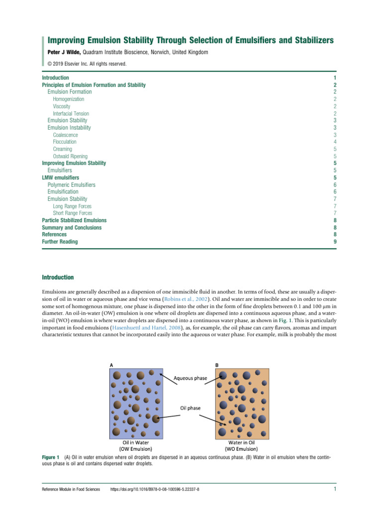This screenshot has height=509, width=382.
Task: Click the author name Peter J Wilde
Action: pyautogui.click(x=64, y=52)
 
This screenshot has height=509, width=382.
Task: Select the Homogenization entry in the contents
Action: pyautogui.click(x=68, y=99)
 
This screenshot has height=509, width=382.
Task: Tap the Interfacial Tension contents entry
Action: pyautogui.click(x=71, y=114)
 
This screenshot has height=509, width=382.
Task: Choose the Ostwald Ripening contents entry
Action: pyautogui.click(x=70, y=156)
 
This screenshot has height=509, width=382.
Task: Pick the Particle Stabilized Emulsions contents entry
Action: pyautogui.click(x=74, y=220)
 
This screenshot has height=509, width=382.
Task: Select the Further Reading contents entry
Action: pyautogui.click(x=59, y=242)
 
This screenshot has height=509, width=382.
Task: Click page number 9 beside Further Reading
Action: pyautogui.click(x=336, y=242)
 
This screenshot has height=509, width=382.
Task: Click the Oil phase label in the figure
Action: pyautogui.click(x=190, y=408)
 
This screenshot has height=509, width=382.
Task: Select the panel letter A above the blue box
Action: pyautogui.click(x=110, y=364)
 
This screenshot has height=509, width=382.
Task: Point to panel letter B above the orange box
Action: pyautogui.click(x=216, y=364)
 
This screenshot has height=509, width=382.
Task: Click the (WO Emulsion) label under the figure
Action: pyautogui.click(x=243, y=448)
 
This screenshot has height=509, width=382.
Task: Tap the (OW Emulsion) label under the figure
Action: pyautogui.click(x=136, y=448)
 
